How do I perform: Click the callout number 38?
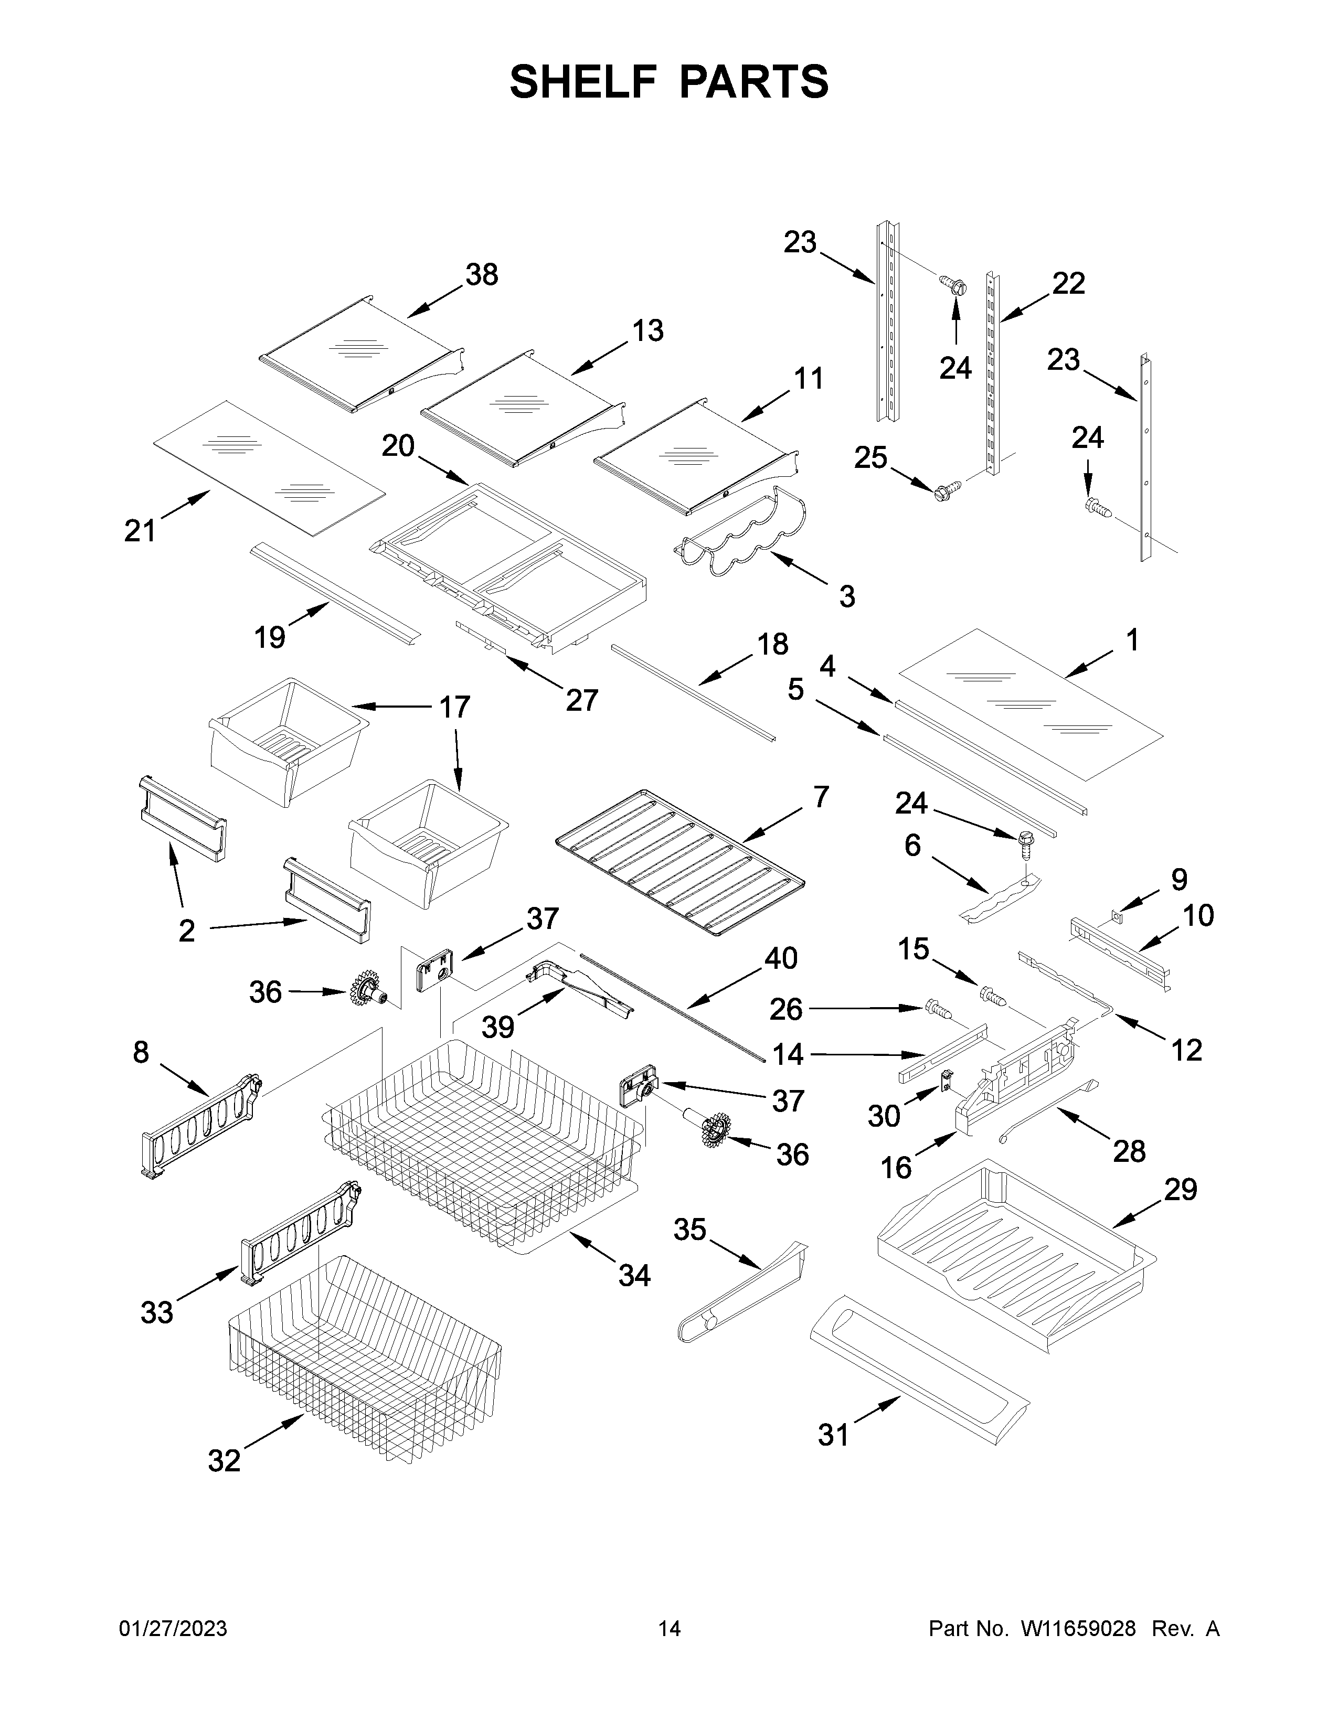pos(481,275)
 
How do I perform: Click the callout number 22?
pos(1068,283)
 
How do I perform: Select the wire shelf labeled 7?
pos(680,862)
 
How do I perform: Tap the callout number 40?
pos(781,958)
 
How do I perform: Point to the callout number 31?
pos(833,1435)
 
